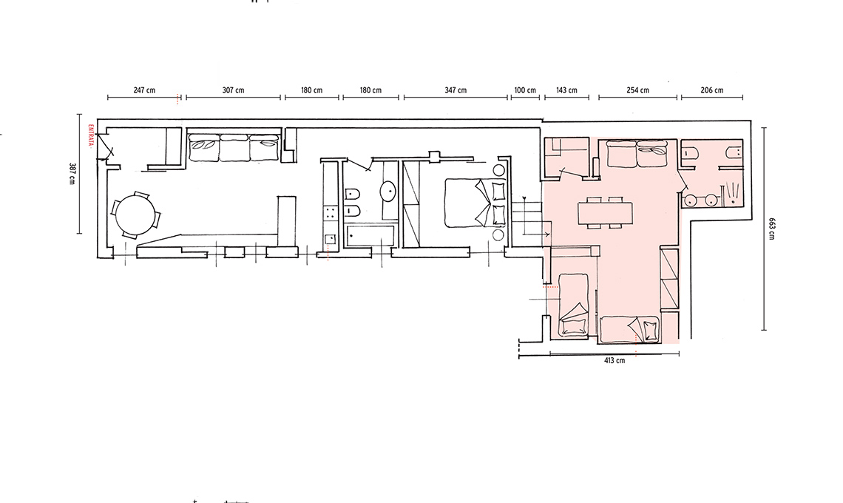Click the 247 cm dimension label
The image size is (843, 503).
tap(144, 90)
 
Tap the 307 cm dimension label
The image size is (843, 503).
tap(233, 90)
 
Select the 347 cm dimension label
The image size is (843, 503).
tap(456, 90)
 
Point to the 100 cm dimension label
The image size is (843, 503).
tap(525, 90)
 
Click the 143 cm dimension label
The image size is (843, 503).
tap(566, 90)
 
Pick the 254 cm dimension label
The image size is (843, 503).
tap(637, 90)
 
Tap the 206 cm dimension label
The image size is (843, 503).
tap(712, 90)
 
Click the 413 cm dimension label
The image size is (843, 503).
tap(615, 360)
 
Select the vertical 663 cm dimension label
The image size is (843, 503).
tap(771, 229)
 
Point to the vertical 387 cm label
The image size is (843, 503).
tap(72, 174)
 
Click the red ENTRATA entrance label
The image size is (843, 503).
tap(91, 136)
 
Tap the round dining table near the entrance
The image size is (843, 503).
tap(135, 214)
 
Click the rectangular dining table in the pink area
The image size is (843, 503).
tap(606, 213)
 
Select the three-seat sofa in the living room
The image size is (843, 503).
tap(234, 147)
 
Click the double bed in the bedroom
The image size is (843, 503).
tap(475, 203)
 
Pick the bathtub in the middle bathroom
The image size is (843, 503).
tap(370, 236)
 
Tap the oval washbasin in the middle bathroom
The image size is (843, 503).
tap(388, 191)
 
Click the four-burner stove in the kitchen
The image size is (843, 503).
tap(330, 212)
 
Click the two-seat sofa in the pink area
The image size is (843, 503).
tap(637, 153)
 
